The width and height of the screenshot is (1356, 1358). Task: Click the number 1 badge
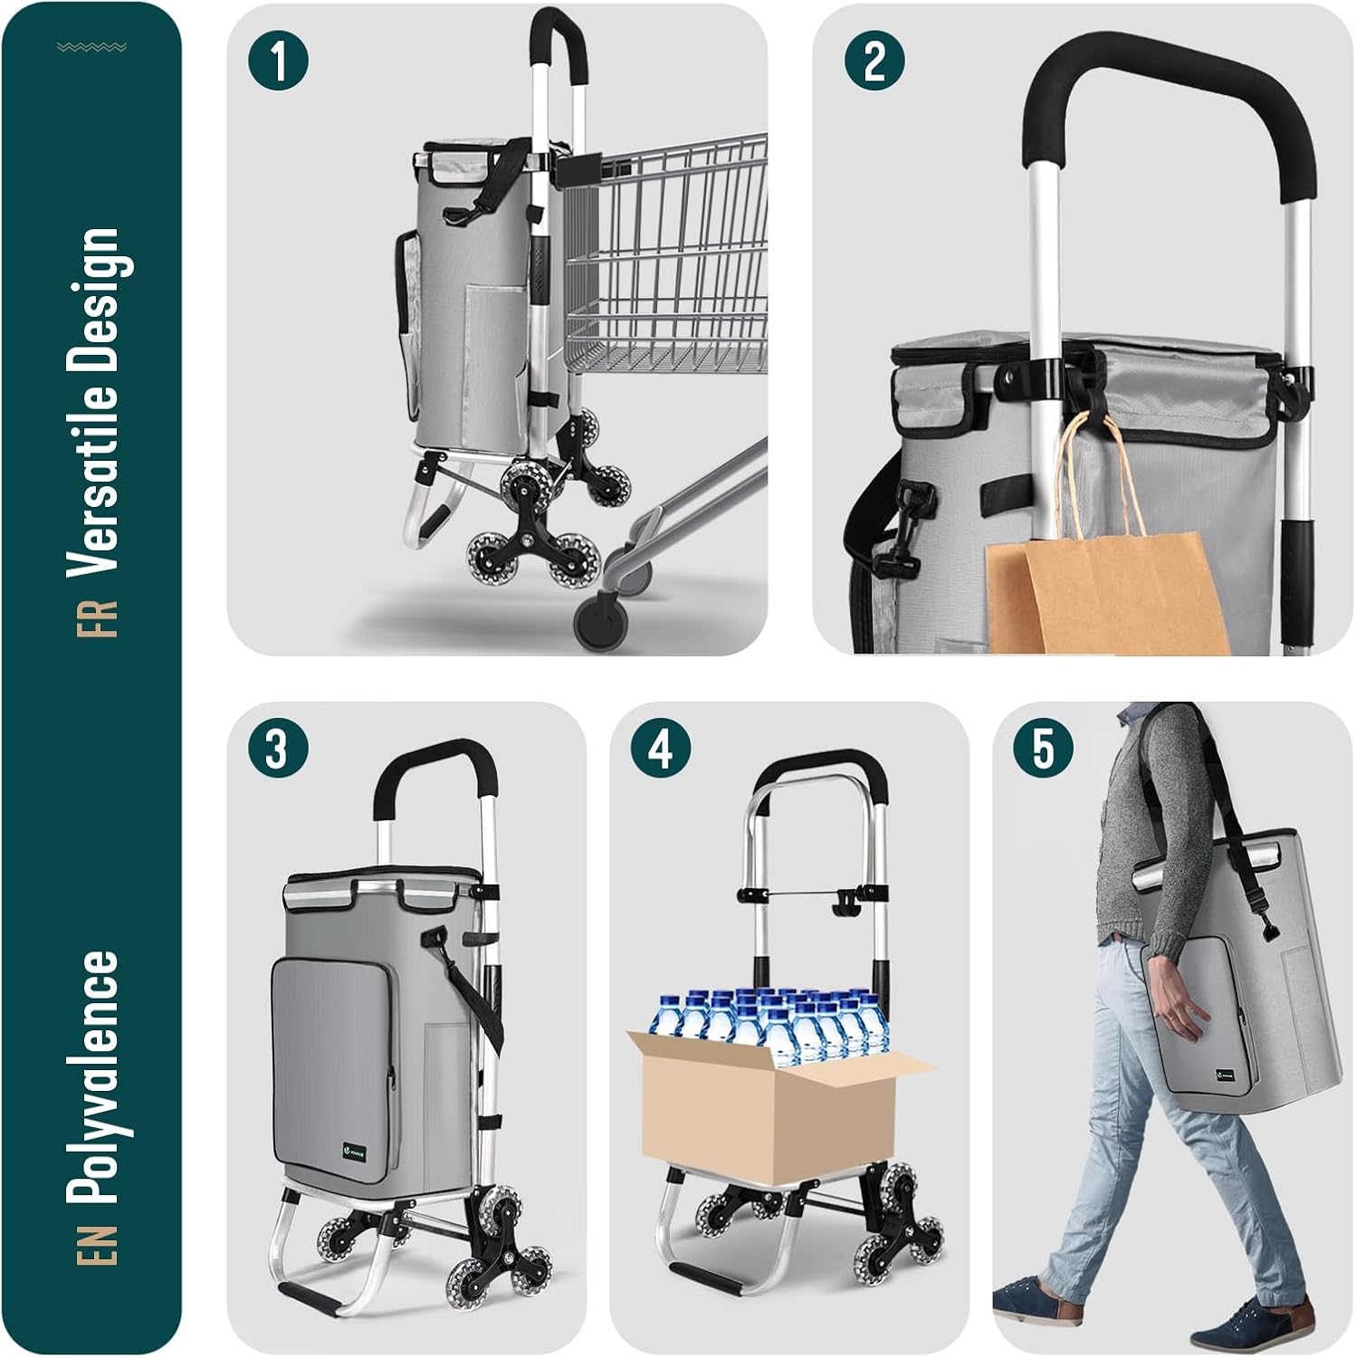tap(278, 62)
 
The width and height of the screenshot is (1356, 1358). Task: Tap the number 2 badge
tap(874, 62)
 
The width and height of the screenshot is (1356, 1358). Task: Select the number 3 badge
tap(277, 749)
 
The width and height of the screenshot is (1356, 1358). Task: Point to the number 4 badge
tap(661, 749)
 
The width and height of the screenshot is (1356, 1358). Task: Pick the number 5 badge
tap(1044, 749)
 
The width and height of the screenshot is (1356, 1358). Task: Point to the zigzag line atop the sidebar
tap(91, 47)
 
